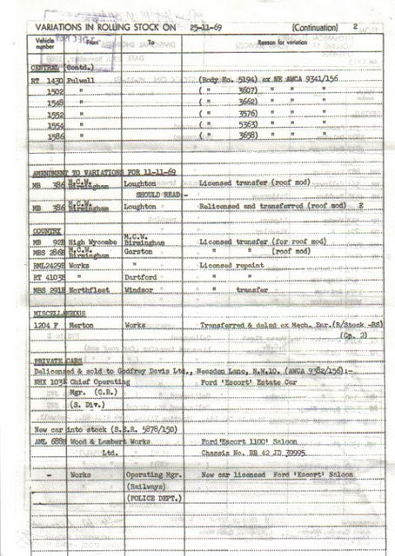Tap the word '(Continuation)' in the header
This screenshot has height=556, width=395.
pos(321,28)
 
